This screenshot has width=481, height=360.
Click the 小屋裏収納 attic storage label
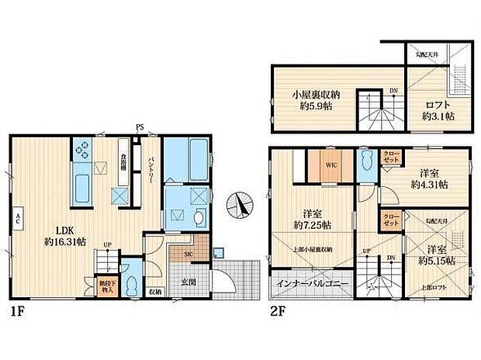pyautogui.click(x=313, y=102)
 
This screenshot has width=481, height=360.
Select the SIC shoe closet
pyautogui.click(x=189, y=254)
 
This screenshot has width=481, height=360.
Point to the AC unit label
pyautogui.click(x=16, y=220)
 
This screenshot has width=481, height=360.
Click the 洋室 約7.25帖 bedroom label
pyautogui.click(x=317, y=219)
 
